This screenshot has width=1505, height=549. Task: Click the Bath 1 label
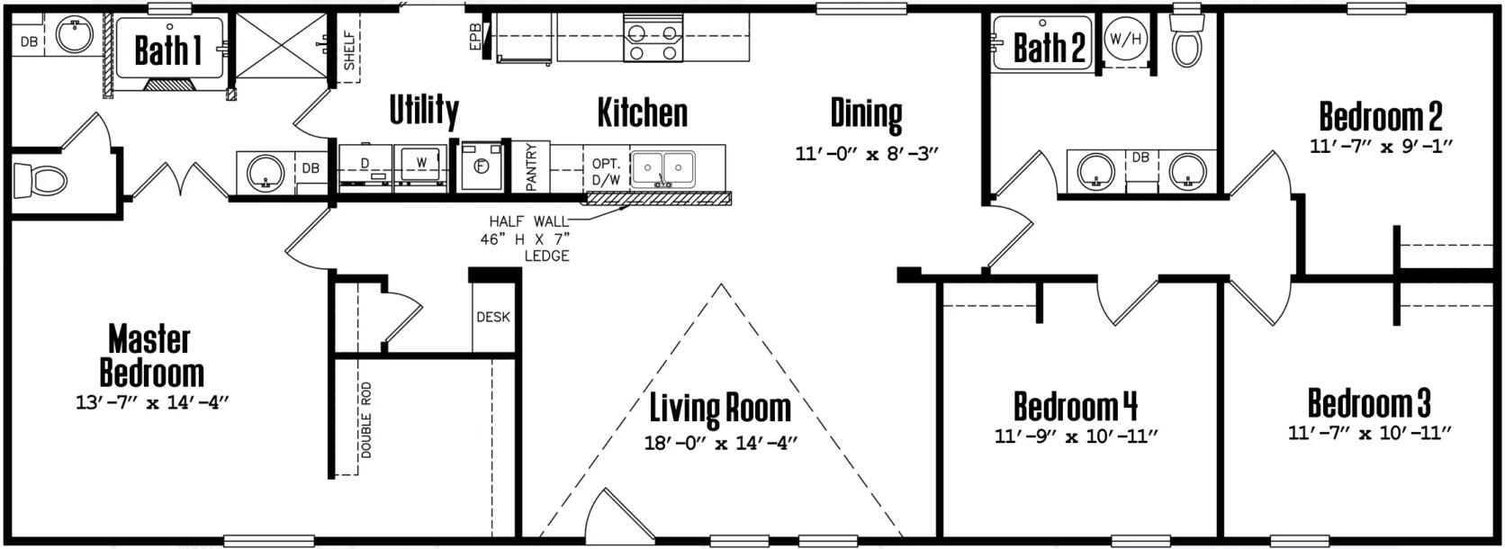(x=167, y=50)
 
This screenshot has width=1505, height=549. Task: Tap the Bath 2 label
(x=1049, y=47)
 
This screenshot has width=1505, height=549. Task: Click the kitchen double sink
(x=663, y=167)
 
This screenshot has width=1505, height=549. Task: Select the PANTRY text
(x=531, y=167)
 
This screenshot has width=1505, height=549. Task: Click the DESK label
(x=492, y=317)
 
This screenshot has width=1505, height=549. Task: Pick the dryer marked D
(x=365, y=167)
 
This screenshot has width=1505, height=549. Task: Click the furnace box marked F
(x=481, y=166)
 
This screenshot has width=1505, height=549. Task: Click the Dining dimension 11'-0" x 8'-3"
(x=866, y=153)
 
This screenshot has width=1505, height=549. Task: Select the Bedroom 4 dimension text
(x=1075, y=437)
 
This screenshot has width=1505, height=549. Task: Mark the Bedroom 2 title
(x=1380, y=117)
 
